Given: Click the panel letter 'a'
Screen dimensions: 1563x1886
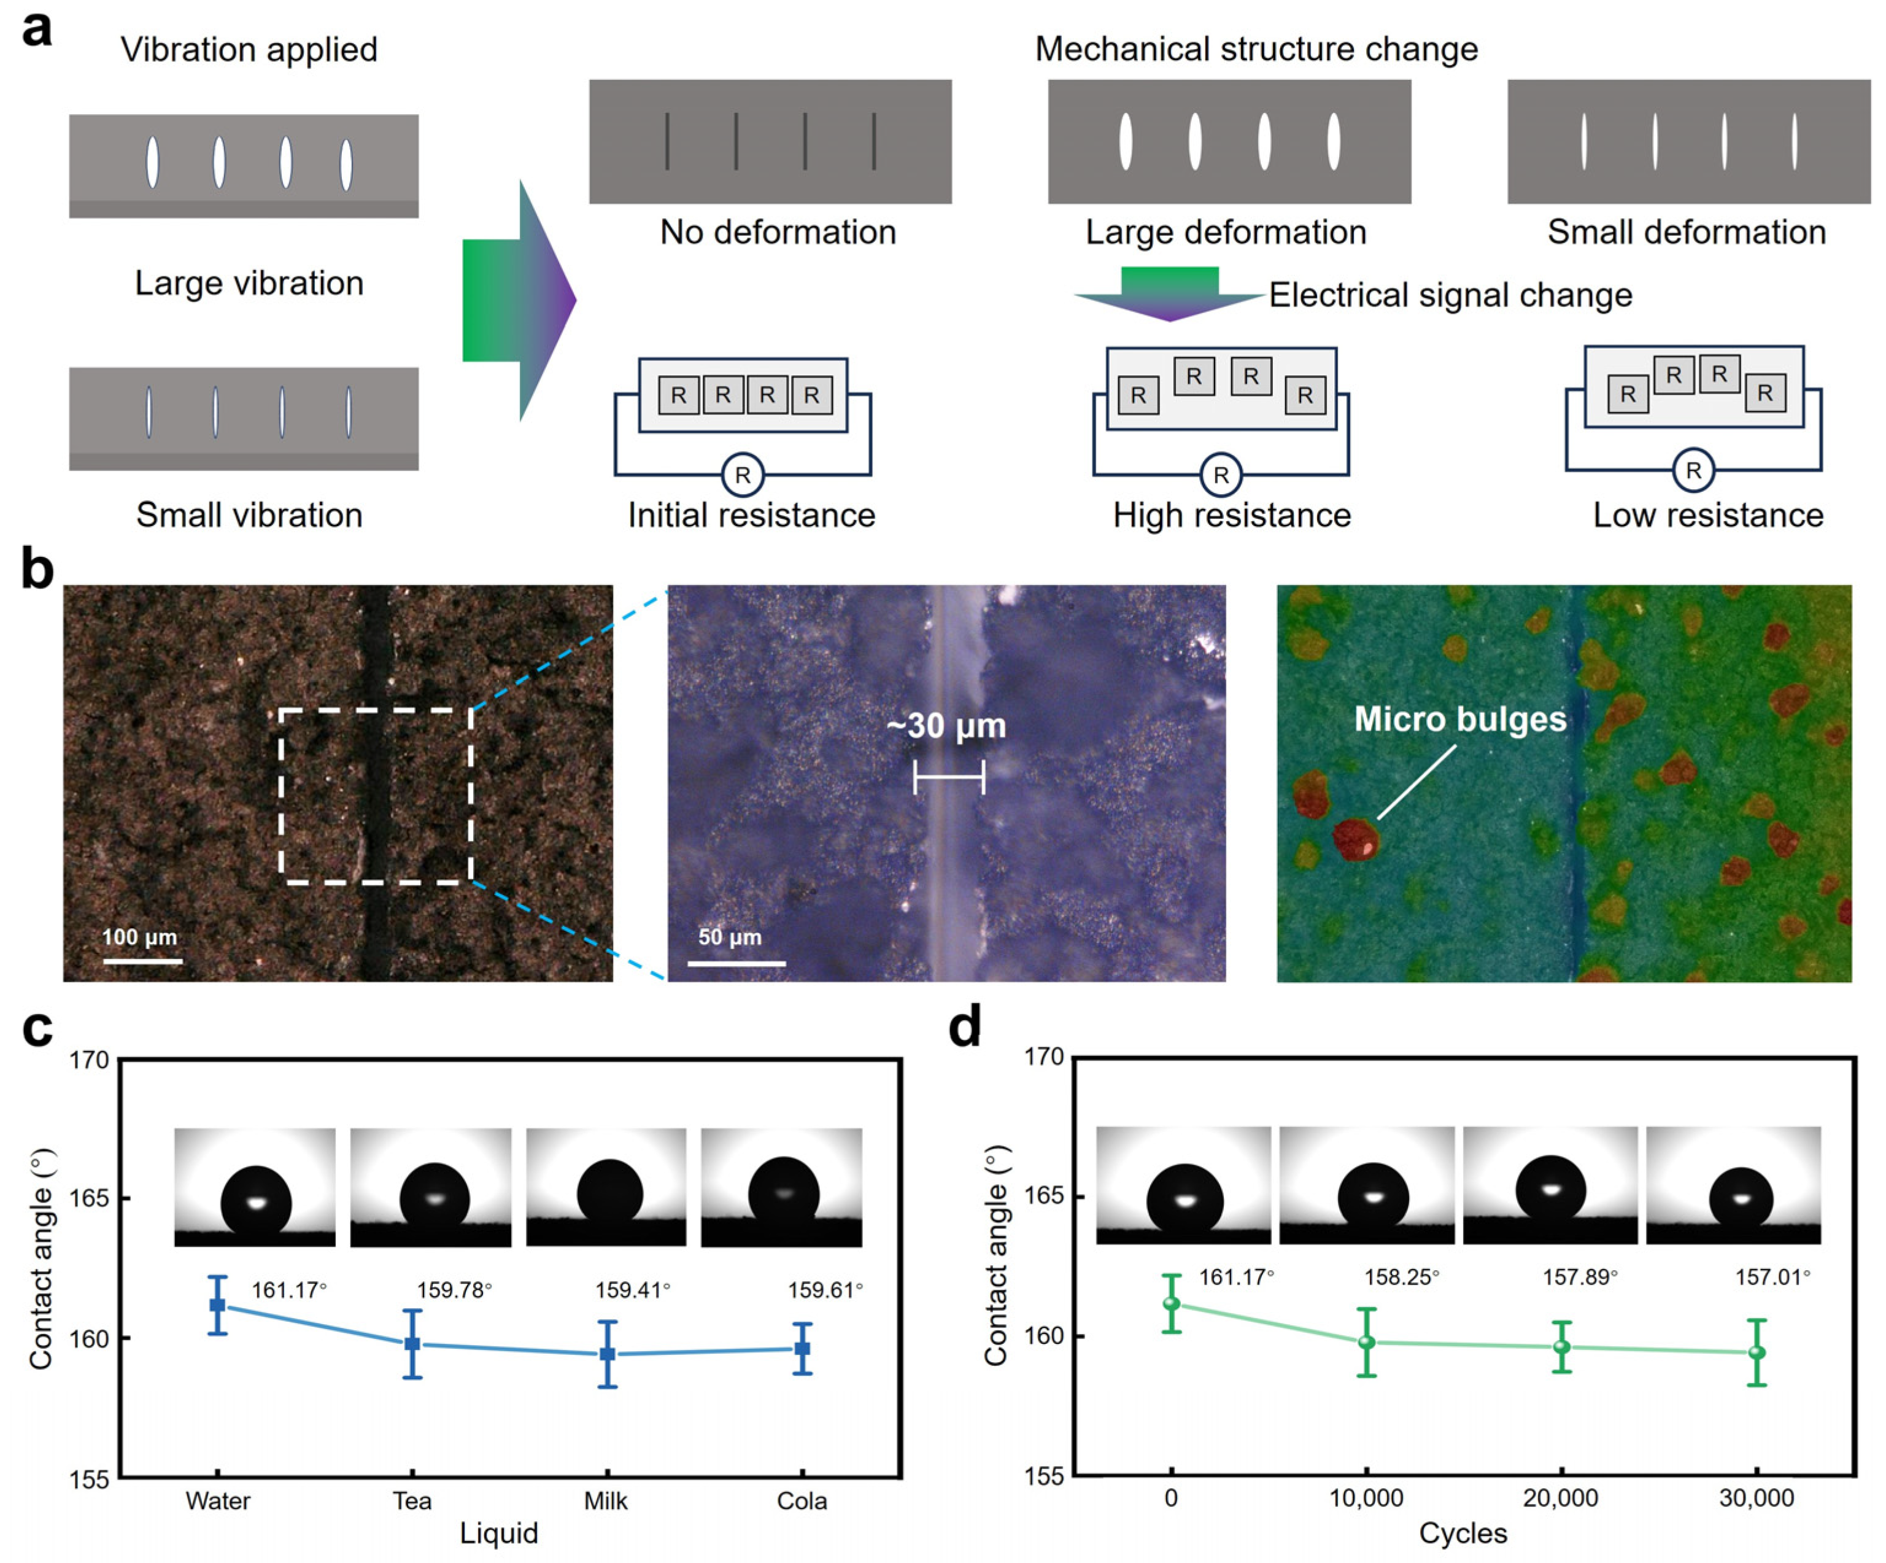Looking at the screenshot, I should click(37, 29).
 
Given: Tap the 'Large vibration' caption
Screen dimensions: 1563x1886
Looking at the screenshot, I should click(249, 283).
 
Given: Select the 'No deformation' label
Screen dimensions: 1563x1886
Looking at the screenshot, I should click(778, 232).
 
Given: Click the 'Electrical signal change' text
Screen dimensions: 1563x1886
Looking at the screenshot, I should click(1450, 295).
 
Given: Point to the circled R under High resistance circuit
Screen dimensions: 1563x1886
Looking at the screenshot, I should click(1221, 475).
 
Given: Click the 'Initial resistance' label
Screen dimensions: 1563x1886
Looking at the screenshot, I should click(751, 514).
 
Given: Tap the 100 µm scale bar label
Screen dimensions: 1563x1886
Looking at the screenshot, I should click(139, 937).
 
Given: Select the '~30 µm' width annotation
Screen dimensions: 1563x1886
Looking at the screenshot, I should click(946, 726).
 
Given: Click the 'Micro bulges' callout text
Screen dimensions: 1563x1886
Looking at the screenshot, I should click(1459, 719).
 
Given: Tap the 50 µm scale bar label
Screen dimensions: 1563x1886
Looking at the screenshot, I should click(729, 937).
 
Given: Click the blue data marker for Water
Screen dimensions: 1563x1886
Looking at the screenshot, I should click(217, 1305).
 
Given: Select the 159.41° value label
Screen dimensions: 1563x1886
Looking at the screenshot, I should click(632, 1290).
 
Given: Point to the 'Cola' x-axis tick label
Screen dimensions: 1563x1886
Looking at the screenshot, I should click(801, 1501).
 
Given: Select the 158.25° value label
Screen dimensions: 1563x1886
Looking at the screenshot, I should click(1401, 1276).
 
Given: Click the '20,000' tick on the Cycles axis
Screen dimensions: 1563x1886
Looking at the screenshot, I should click(1561, 1497).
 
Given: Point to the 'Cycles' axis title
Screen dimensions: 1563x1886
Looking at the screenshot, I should click(1462, 1532).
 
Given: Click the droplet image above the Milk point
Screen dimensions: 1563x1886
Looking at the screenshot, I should click(606, 1187).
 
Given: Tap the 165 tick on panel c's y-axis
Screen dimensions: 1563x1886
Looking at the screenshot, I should click(89, 1198).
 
